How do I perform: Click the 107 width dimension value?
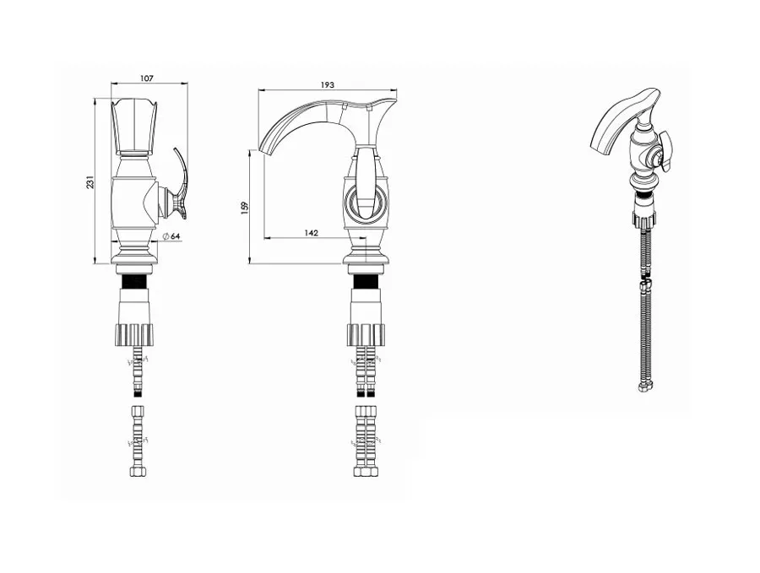(146, 78)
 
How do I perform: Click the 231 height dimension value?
(90, 182)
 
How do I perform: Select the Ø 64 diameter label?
(171, 236)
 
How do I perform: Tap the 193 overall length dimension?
(327, 84)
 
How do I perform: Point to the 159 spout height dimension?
(244, 208)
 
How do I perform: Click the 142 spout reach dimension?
(311, 233)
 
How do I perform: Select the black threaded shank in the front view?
(135, 281)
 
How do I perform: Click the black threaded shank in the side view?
(366, 281)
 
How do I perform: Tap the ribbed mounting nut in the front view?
(135, 335)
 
